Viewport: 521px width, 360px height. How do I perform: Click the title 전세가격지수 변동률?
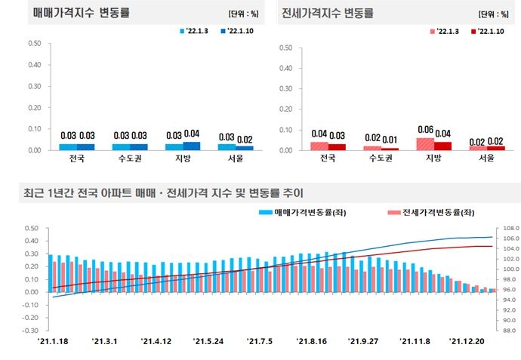coord(327,14)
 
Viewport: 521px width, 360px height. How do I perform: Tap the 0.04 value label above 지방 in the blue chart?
coord(192,134)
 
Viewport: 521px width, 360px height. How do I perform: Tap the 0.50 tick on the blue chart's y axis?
coord(34,43)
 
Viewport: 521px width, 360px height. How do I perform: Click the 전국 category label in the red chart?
coord(328,159)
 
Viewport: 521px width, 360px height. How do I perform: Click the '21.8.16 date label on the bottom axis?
coord(311,341)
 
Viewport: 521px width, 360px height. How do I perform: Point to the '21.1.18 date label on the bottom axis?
coord(53,341)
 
